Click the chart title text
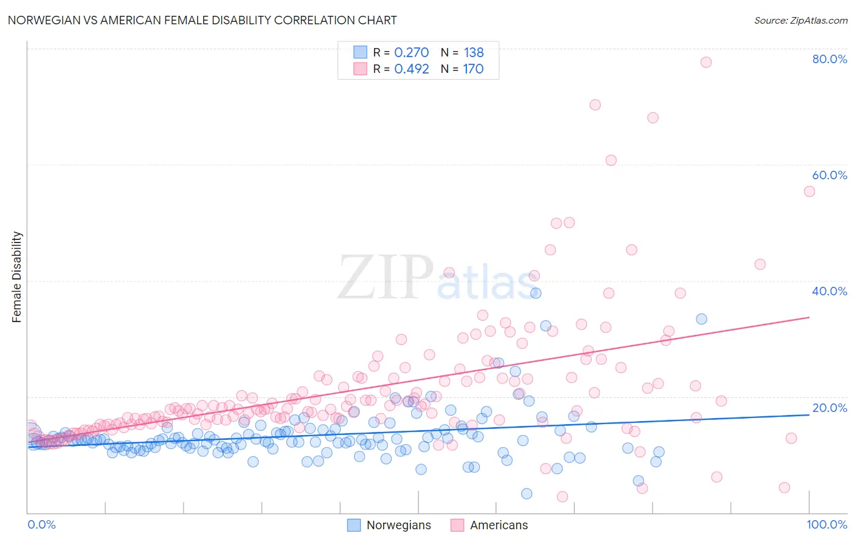point(202,20)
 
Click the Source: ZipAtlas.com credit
point(800,20)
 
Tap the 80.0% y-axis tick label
point(829,59)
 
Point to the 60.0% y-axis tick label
point(829,175)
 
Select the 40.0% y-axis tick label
point(829,291)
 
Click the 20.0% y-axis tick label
point(829,408)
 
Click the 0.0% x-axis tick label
point(41,524)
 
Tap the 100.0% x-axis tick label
point(826,524)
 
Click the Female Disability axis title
point(17,276)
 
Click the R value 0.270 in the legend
point(411,53)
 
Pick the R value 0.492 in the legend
point(411,69)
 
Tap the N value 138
point(474,53)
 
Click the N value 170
point(473,69)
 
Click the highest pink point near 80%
point(705,62)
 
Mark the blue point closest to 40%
point(536,293)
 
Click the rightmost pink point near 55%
point(809,191)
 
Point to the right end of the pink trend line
point(809,317)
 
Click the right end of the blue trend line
point(809,414)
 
